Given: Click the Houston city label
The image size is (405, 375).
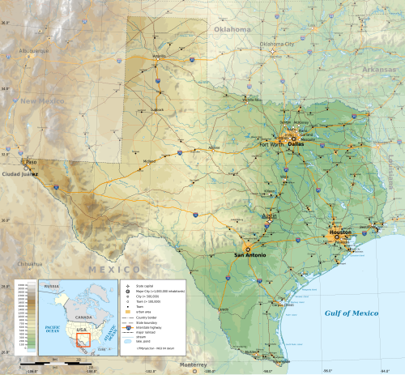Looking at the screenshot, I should point(341,232).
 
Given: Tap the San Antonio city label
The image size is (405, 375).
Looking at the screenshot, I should point(249,255).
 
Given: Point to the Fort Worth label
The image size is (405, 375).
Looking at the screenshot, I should point(271,144).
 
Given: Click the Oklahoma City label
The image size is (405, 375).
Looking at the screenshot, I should point(277,45).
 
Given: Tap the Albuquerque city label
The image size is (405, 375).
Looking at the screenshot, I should point(33,50).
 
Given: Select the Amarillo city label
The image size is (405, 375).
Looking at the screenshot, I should point(160,57).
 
